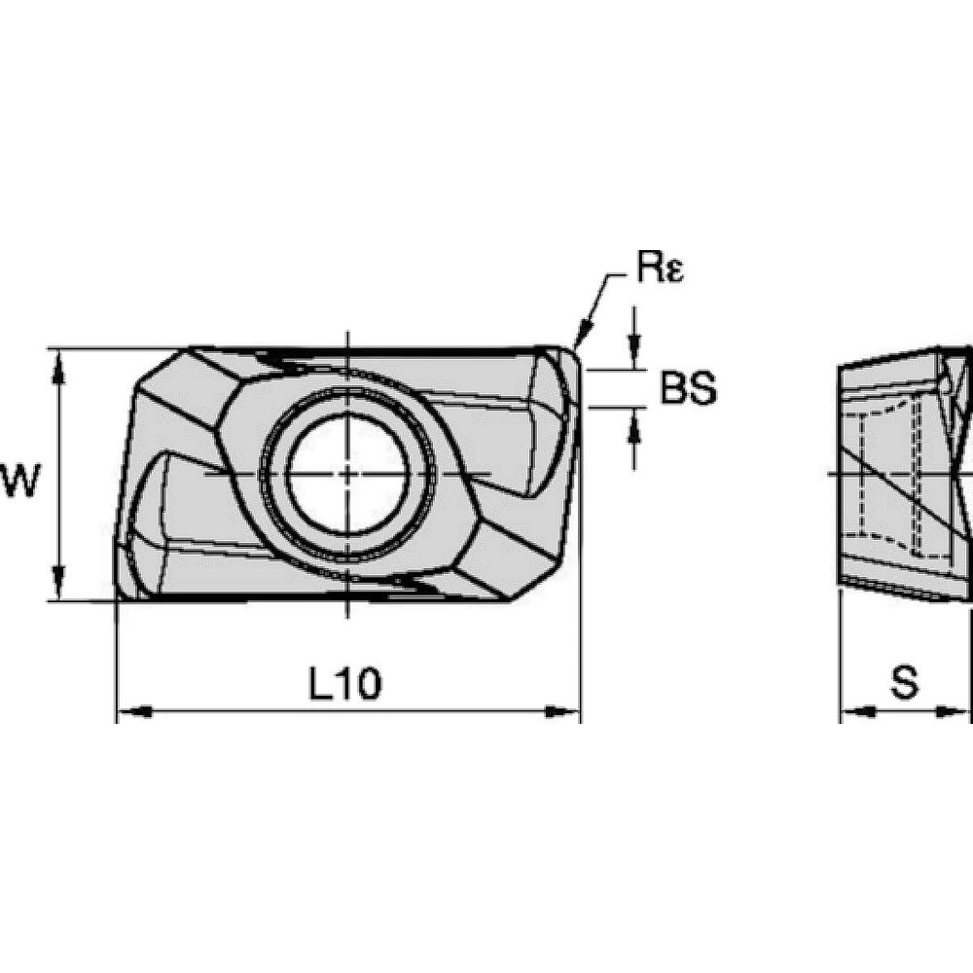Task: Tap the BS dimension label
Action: [x=688, y=389]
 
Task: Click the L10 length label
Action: [x=346, y=684]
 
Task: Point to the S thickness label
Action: [x=905, y=683]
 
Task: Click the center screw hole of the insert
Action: [x=347, y=474]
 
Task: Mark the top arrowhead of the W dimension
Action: [x=60, y=362]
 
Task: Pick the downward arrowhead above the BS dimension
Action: [x=634, y=357]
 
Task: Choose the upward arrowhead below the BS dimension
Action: [x=634, y=421]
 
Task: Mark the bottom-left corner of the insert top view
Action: [x=119, y=596]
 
